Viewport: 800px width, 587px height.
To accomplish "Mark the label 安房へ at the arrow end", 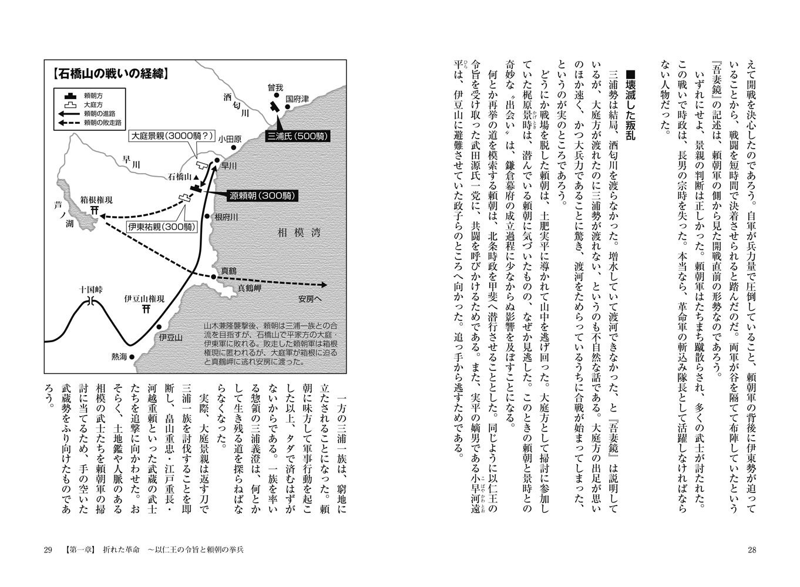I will (310, 296).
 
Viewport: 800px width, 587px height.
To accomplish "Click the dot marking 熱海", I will (132, 356).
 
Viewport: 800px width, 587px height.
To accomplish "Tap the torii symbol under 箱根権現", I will (94, 211).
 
